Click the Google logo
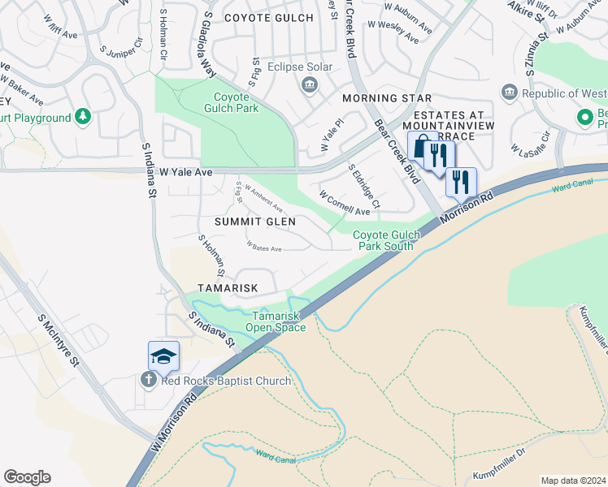[x=27, y=477]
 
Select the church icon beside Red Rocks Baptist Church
[x=147, y=381]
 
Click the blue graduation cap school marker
[x=163, y=356]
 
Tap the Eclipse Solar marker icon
[x=309, y=84]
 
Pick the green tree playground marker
[x=83, y=118]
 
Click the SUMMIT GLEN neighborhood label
[x=254, y=222]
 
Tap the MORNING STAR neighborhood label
[x=373, y=98]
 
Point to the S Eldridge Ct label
[x=363, y=185]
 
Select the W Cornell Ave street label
[x=345, y=204]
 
